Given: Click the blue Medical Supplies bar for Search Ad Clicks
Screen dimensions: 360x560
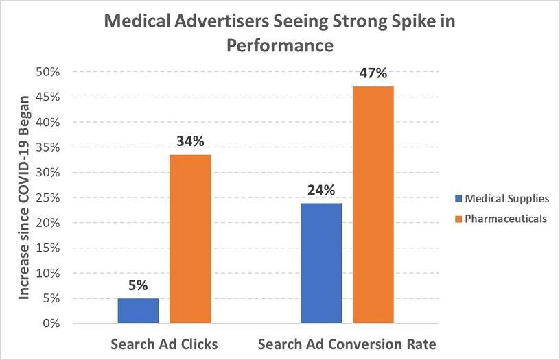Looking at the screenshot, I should [x=138, y=311].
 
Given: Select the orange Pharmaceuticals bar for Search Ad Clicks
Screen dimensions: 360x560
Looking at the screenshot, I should [x=190, y=239].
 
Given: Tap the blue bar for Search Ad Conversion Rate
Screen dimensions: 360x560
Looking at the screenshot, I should [x=321, y=263].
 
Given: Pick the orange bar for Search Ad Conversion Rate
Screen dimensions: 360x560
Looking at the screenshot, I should [x=373, y=204].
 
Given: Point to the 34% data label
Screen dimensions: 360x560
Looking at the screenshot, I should [x=190, y=142].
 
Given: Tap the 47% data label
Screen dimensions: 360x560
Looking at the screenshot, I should [x=373, y=73].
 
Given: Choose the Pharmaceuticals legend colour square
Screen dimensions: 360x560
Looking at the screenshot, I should [x=458, y=219].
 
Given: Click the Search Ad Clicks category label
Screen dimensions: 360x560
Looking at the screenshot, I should [x=164, y=344].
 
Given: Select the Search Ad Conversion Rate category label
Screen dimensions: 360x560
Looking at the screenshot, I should [x=347, y=344].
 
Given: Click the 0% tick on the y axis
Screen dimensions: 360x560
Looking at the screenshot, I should [x=51, y=323].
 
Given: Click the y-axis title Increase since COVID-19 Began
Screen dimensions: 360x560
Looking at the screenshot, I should [x=24, y=197].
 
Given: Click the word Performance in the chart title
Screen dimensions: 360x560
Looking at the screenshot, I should [x=279, y=45].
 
